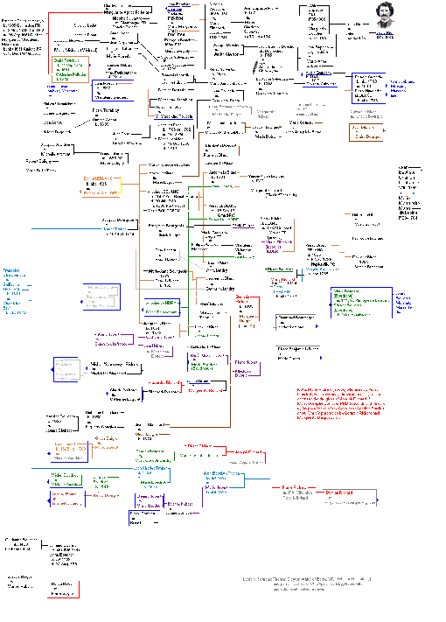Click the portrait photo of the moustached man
pyautogui.click(x=384, y=18)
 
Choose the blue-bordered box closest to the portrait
pyautogui.click(x=366, y=87)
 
